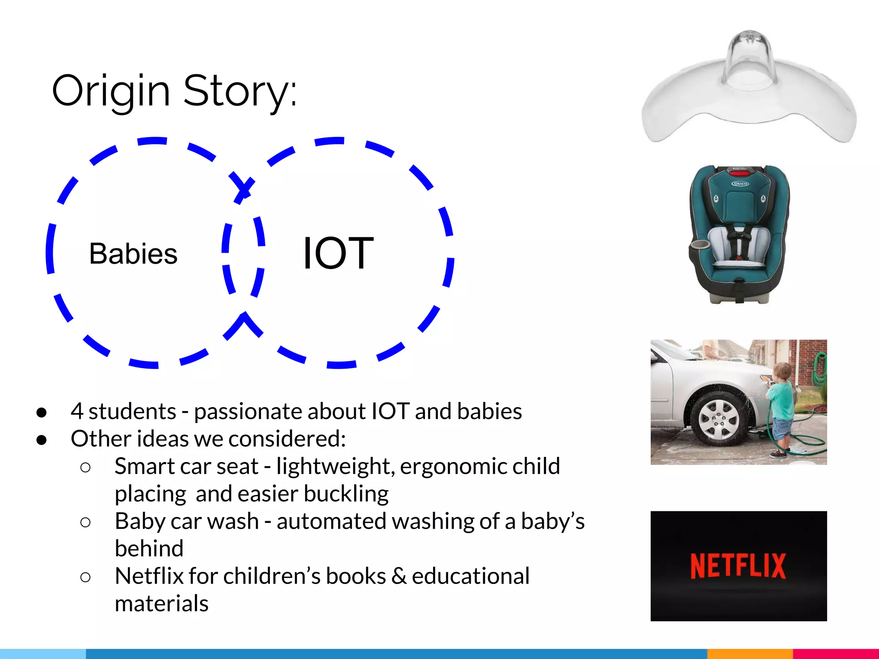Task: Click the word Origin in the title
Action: pos(111,91)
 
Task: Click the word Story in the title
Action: pos(236,91)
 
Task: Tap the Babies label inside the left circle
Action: pos(133,254)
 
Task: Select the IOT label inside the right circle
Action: pos(338,254)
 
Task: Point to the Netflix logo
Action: pos(738,566)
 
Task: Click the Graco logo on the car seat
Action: pos(740,184)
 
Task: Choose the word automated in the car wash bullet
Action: pos(332,521)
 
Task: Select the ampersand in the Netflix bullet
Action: pos(399,576)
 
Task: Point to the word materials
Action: pos(161,603)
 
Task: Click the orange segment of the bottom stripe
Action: pos(750,654)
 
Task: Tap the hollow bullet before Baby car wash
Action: pos(85,522)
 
